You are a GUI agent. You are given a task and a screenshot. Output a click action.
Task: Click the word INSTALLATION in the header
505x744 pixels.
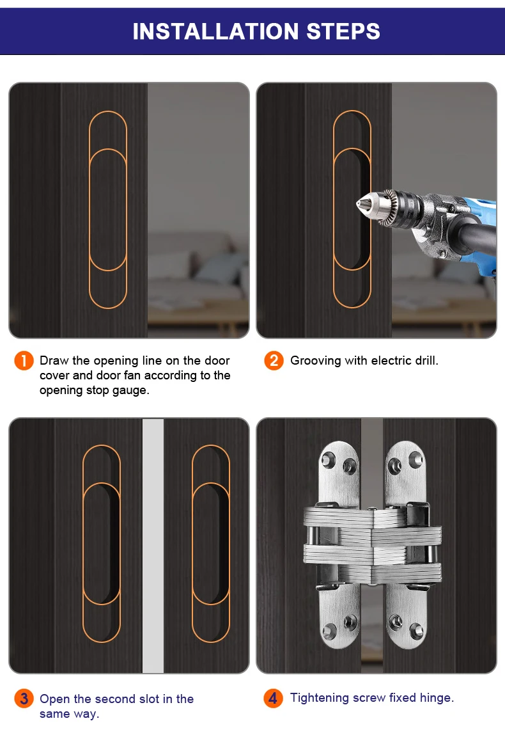click(x=216, y=31)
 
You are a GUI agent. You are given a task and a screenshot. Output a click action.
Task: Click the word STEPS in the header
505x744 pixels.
click(x=343, y=31)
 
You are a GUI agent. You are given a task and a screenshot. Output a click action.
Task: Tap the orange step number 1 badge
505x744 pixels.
click(x=24, y=361)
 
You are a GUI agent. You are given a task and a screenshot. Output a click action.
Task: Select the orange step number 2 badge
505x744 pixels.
click(x=274, y=361)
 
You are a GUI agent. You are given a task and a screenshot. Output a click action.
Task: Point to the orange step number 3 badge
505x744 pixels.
click(x=24, y=699)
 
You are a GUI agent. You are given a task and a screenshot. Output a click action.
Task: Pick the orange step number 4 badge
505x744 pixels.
click(x=273, y=698)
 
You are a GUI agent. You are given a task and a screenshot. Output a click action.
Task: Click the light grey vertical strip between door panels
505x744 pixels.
click(x=153, y=546)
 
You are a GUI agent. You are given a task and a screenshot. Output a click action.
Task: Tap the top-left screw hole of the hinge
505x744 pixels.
click(x=328, y=460)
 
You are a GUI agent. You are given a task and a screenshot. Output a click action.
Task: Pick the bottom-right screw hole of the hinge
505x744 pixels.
click(x=416, y=631)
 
